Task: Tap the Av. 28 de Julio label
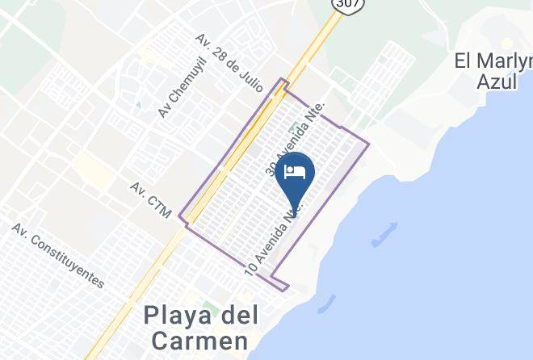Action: tap(229, 59)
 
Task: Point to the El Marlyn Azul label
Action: tap(493, 71)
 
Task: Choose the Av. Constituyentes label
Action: tap(58, 256)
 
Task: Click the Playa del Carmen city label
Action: tap(195, 327)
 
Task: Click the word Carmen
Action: tap(195, 340)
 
